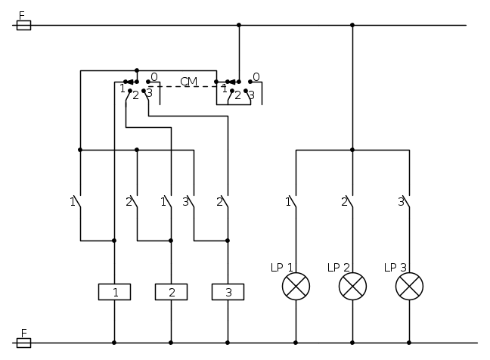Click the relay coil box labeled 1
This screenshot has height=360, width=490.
tap(114, 292)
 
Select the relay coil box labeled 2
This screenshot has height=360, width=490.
tap(171, 292)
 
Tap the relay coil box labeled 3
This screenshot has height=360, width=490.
tap(228, 292)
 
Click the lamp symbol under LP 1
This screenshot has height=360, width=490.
tap(296, 287)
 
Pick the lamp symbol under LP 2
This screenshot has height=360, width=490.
tap(352, 287)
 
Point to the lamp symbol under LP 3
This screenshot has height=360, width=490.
tap(409, 287)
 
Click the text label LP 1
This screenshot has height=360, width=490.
tap(281, 268)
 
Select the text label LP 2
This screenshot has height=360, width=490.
tap(338, 268)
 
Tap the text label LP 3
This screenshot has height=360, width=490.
tap(395, 268)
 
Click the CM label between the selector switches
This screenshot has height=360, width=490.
tap(188, 82)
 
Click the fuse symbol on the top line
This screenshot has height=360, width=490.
tap(23, 25)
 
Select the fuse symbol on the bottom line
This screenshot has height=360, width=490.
tap(23, 343)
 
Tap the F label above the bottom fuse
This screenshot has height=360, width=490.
tap(21, 333)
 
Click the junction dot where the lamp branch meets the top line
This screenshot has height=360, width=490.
tap(352, 25)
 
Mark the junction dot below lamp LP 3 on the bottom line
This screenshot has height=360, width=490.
tap(409, 343)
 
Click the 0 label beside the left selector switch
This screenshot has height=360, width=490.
tap(154, 77)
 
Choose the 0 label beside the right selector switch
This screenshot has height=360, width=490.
tap(256, 77)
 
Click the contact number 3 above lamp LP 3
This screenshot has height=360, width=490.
tap(401, 201)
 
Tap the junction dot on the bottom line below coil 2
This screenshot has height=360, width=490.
tap(171, 343)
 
